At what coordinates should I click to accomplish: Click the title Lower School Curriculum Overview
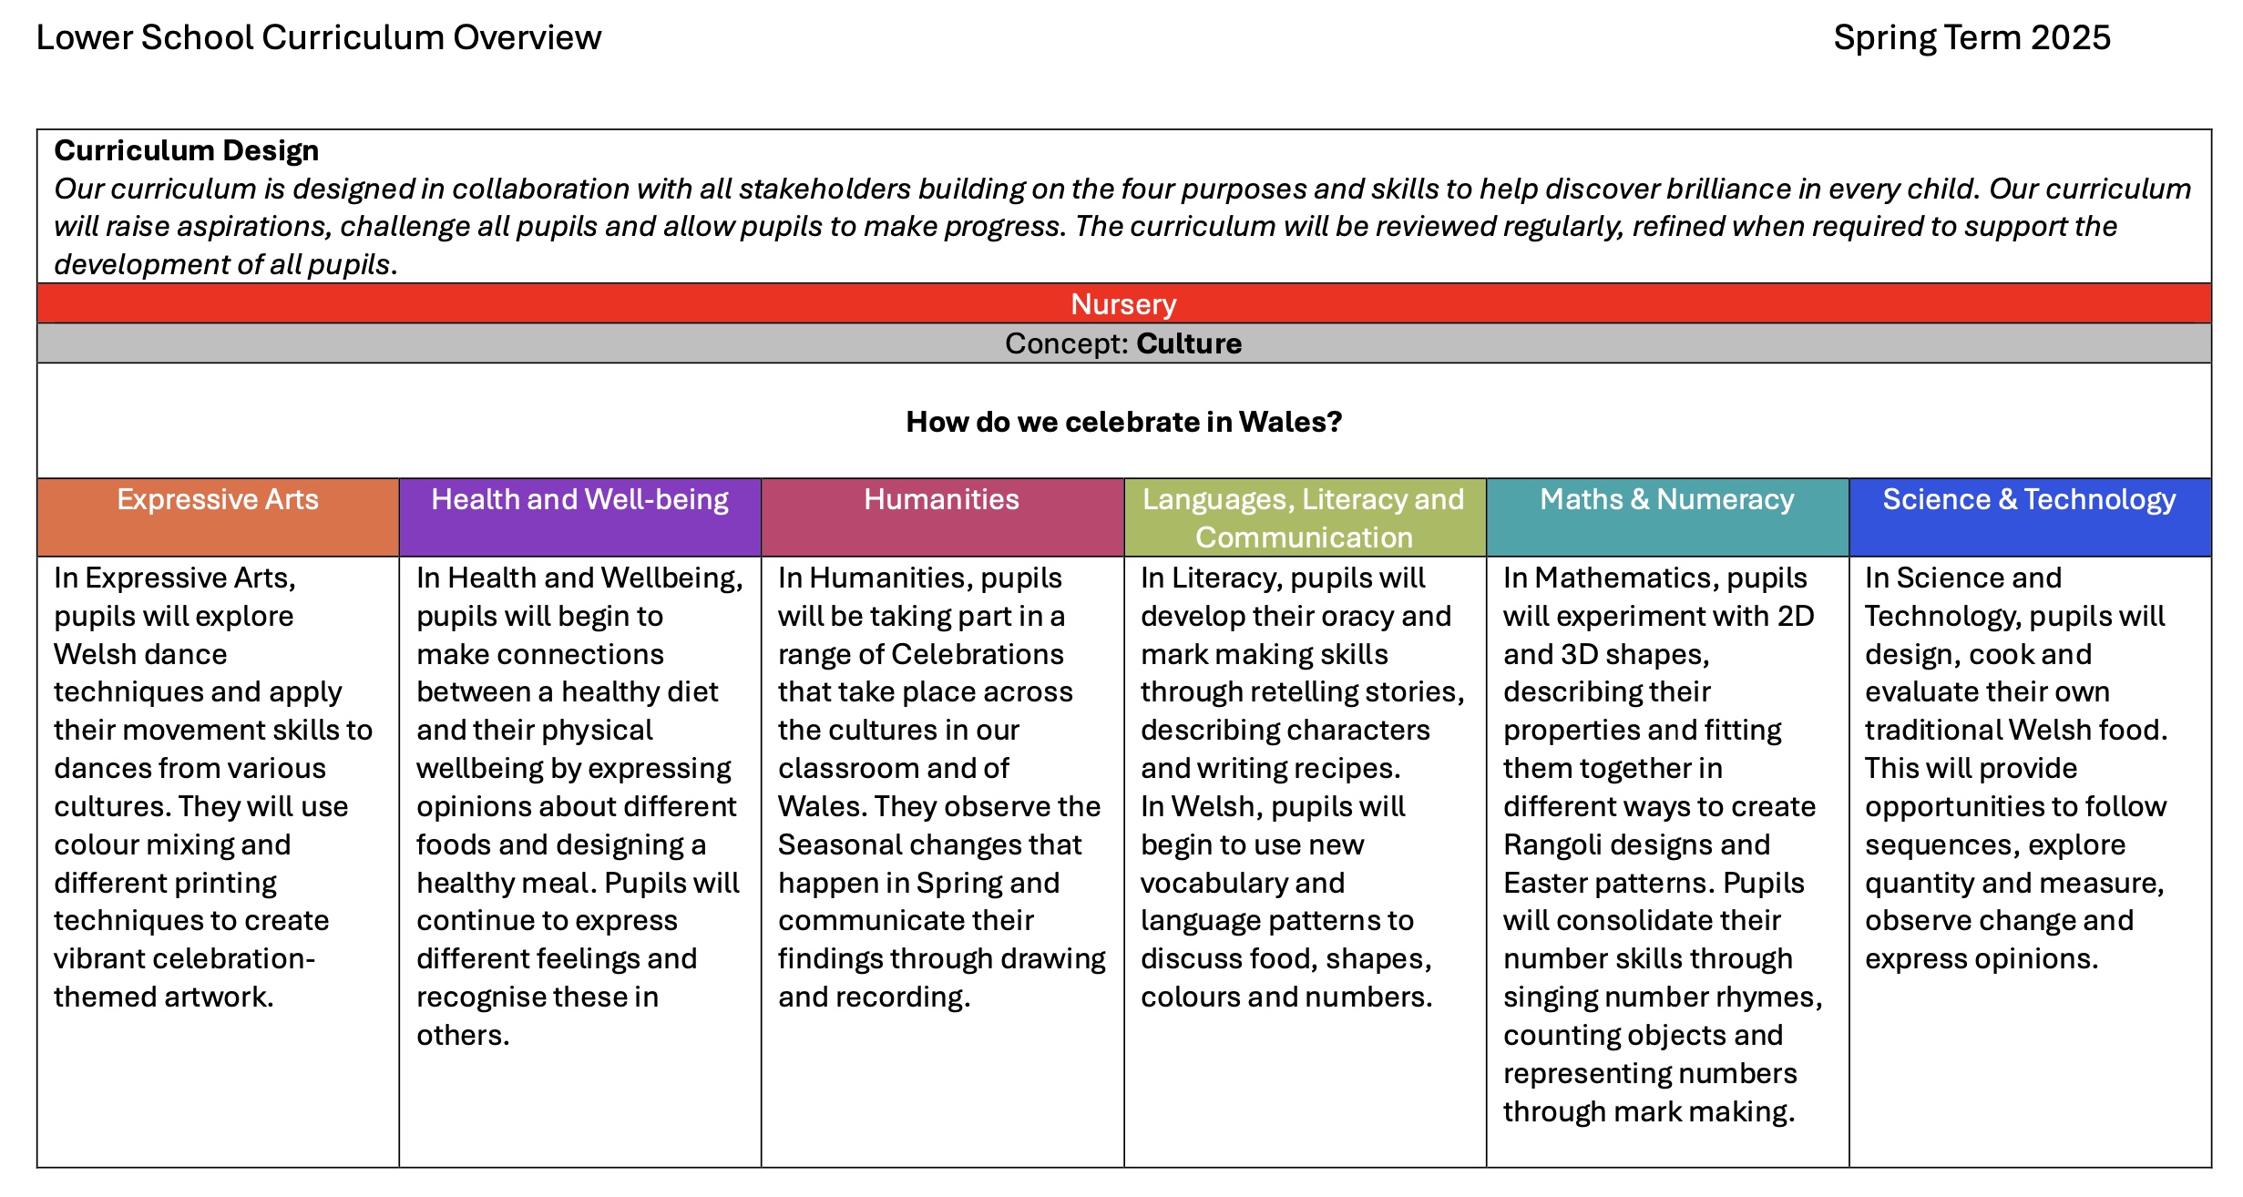(x=318, y=38)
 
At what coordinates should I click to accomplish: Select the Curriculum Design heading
(x=186, y=150)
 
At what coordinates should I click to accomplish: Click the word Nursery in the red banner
(x=1122, y=304)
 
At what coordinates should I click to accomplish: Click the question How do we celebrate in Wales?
(x=1123, y=422)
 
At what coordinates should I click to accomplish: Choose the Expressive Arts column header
(x=218, y=499)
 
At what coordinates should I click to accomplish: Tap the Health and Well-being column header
(x=579, y=499)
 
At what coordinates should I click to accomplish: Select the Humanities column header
(x=941, y=499)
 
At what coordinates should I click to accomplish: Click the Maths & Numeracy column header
(x=1666, y=499)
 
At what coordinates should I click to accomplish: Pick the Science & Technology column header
(x=2029, y=499)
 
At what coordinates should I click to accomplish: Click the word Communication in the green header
(x=1304, y=537)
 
